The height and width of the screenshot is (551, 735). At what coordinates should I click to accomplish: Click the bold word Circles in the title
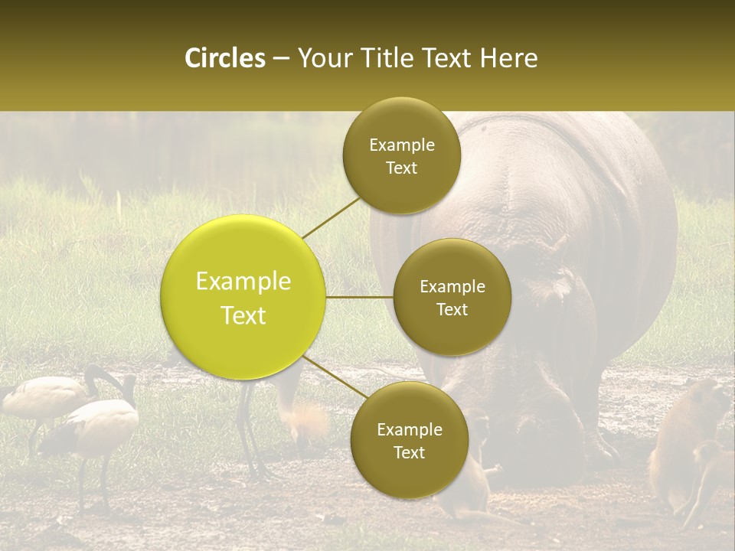224,58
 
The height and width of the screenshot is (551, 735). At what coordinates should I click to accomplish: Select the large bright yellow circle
243,297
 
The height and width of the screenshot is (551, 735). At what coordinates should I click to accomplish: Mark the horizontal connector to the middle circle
360,297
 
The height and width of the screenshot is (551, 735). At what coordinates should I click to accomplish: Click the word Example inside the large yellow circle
243,282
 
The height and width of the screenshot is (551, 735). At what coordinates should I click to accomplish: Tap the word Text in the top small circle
401,168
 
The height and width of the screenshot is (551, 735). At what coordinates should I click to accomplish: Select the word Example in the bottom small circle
409,429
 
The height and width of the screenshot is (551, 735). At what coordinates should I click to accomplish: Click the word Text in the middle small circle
452,310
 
